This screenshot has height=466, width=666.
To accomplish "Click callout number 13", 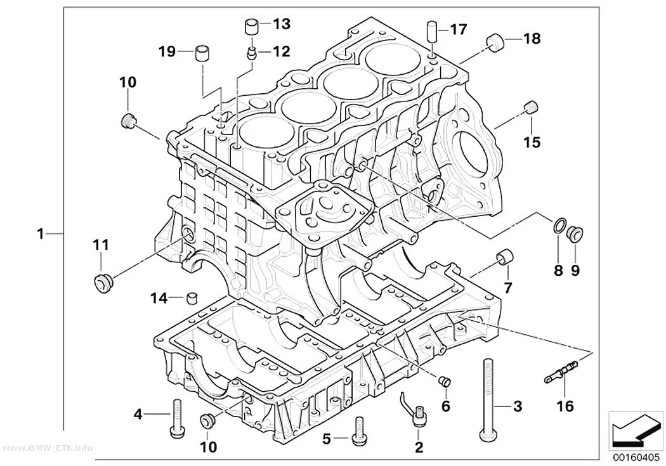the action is coord(281,24).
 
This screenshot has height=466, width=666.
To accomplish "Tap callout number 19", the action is coord(167,52).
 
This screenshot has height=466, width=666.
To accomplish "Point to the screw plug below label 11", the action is coord(103,283).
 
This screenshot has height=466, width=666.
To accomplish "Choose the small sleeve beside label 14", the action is coord(193,299).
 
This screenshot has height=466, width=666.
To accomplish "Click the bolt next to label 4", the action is coord(176,418).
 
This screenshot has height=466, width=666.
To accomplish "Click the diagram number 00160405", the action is coord(636,458).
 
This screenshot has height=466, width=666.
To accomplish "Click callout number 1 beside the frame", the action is coord(41,233).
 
